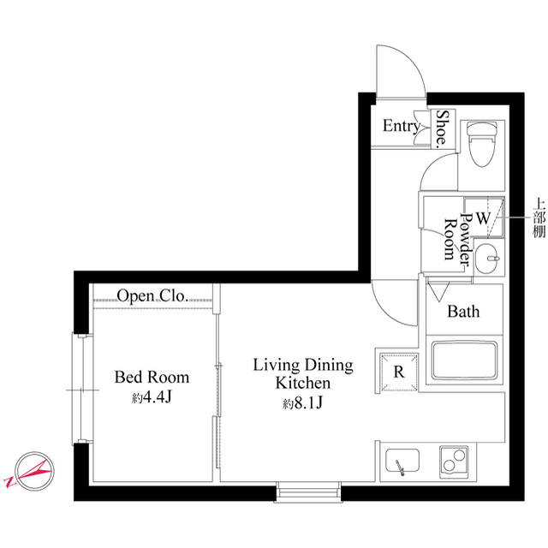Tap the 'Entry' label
(x=401, y=127)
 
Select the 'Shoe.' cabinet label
(x=444, y=128)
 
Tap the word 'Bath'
(x=463, y=312)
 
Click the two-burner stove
(x=452, y=463)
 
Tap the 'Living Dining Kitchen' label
(x=302, y=373)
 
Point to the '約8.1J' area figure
(x=301, y=403)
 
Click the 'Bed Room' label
(x=152, y=377)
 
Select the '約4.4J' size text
(x=152, y=397)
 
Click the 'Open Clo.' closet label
(x=152, y=296)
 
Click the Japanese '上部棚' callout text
(x=538, y=218)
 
